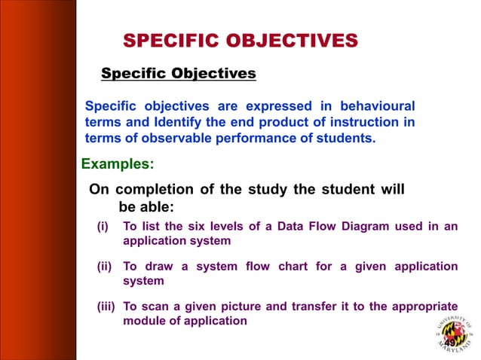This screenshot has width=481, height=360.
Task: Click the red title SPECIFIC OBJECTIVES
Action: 240,40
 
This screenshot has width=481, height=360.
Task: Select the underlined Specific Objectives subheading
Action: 179,74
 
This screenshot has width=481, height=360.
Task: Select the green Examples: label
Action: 117,163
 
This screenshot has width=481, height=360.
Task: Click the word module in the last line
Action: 143,321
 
